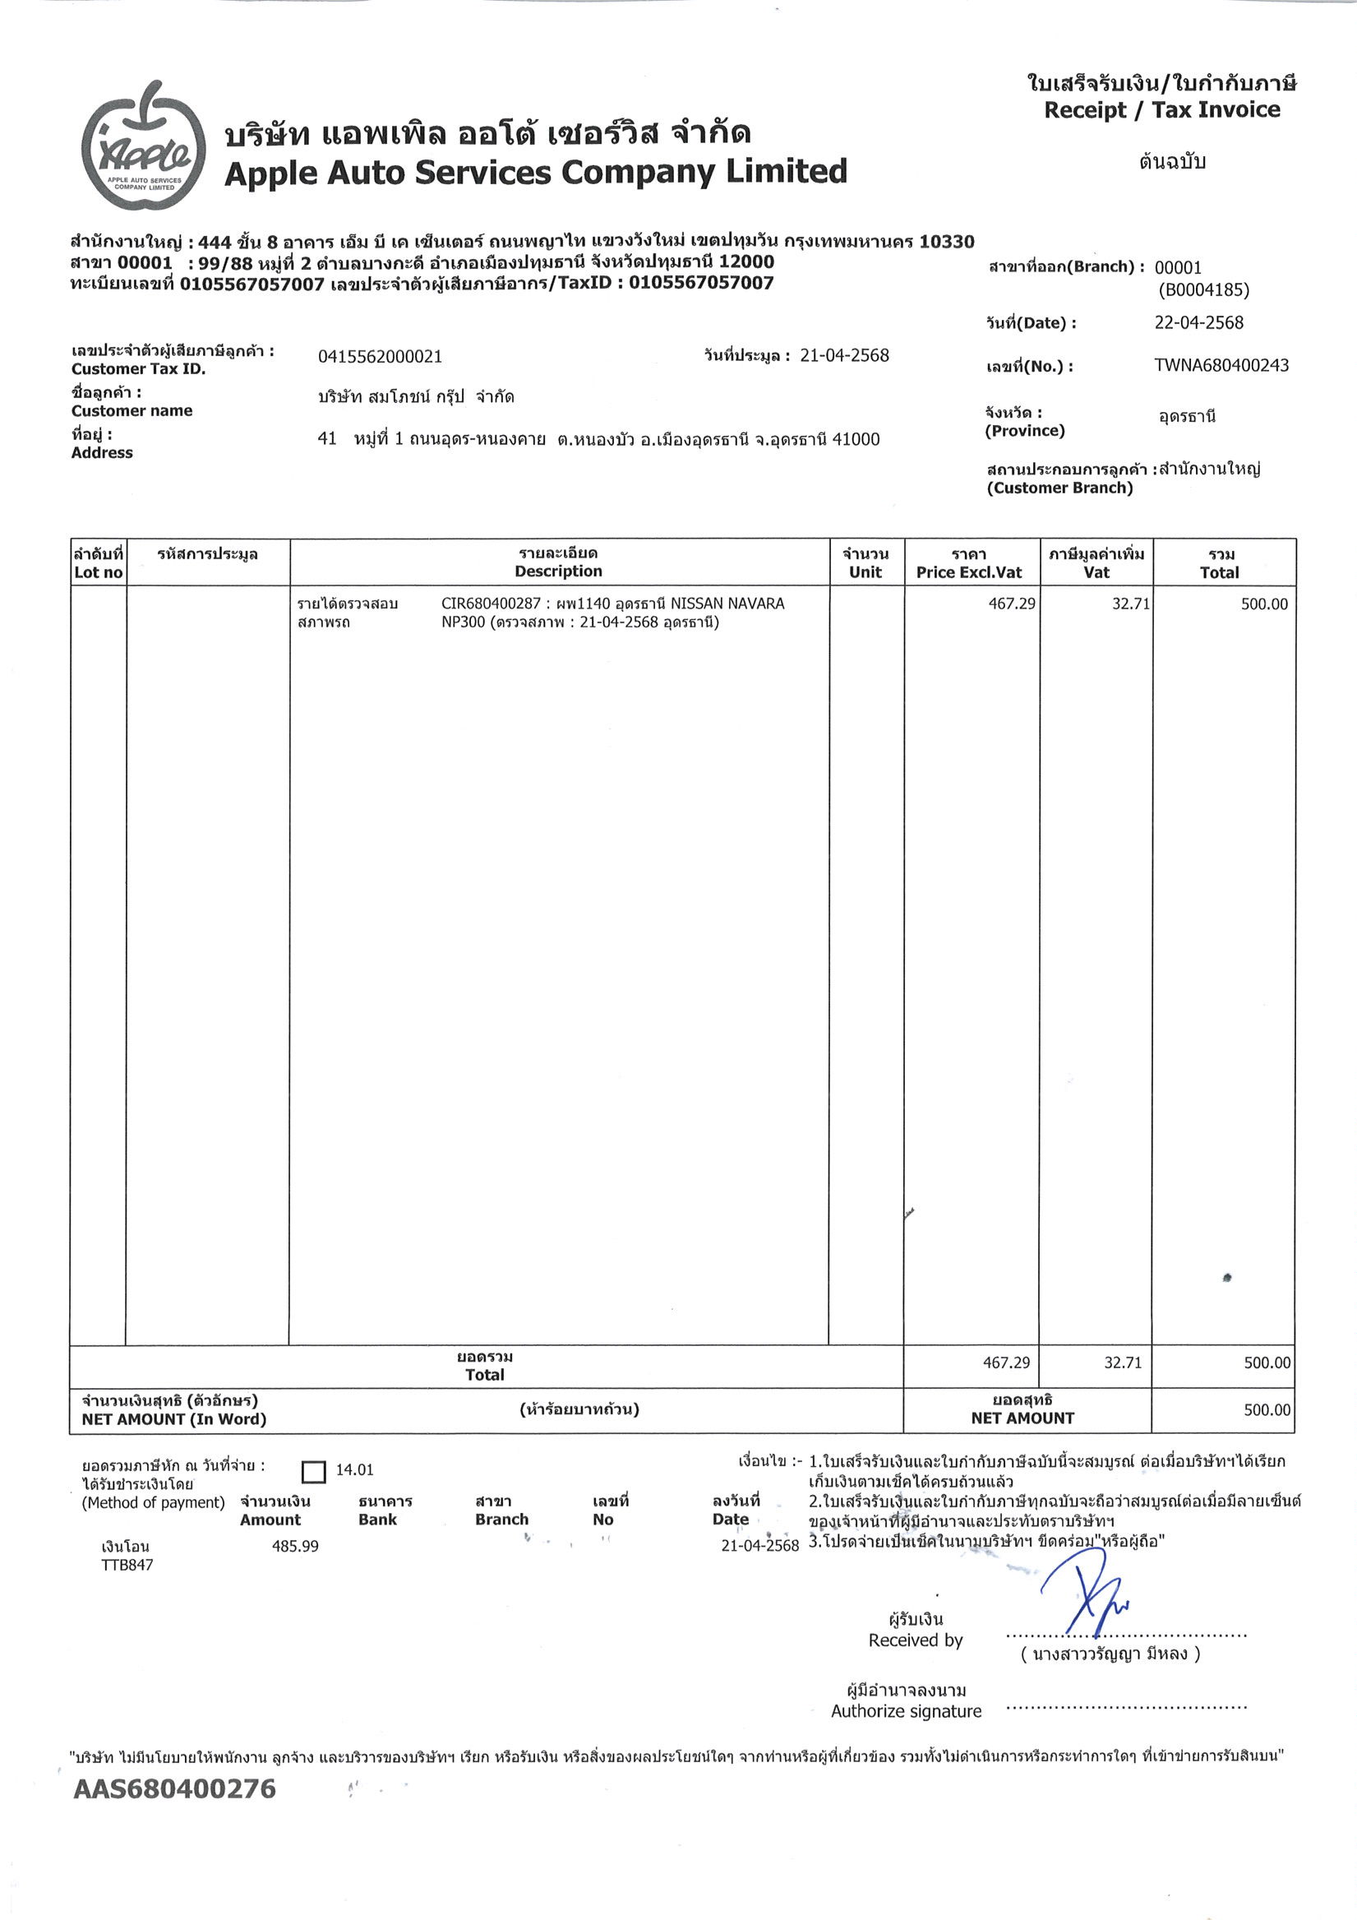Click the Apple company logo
point(144,147)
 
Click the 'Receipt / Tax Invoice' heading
point(1161,109)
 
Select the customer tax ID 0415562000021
point(380,357)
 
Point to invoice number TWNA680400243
point(1221,365)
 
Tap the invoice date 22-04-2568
point(1198,323)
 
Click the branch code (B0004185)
point(1203,290)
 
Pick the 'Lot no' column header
point(98,573)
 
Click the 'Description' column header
point(558,572)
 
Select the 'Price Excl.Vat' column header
point(968,573)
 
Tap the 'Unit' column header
point(865,573)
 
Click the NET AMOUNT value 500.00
point(1266,1410)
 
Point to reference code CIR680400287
point(491,604)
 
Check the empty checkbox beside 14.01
point(312,1472)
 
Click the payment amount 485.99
point(295,1546)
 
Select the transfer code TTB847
point(127,1565)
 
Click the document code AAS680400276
point(174,1788)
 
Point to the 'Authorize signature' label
point(906,1711)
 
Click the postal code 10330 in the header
point(947,243)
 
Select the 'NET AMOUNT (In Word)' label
point(174,1419)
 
